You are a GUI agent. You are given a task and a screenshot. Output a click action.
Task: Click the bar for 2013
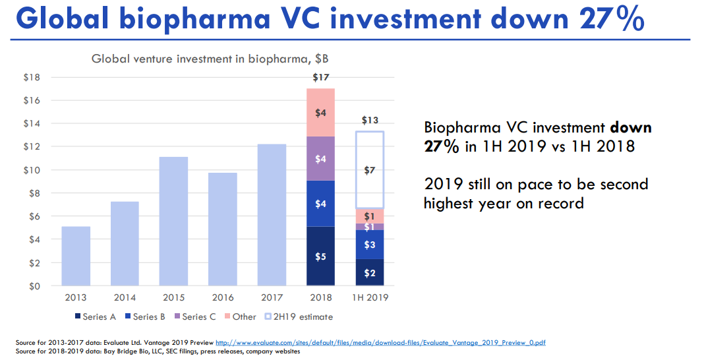pos(76,256)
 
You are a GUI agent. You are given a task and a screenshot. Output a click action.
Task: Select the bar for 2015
pos(174,221)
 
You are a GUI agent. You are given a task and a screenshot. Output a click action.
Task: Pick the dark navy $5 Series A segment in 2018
pos(320,256)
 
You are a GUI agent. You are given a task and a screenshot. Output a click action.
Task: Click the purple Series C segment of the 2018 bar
pos(320,158)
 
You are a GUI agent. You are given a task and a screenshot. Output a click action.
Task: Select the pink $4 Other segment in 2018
pos(320,113)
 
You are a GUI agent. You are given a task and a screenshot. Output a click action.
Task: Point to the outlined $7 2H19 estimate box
pos(369,170)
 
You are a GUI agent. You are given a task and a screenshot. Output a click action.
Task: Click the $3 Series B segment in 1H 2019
pos(369,245)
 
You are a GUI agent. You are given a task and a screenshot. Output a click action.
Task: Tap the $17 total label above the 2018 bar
pos(320,78)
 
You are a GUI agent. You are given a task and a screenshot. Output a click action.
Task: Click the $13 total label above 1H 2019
pos(369,121)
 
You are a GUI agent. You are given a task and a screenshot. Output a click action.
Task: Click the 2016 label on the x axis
pos(223,297)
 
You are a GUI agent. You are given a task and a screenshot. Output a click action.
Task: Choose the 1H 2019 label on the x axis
pos(369,297)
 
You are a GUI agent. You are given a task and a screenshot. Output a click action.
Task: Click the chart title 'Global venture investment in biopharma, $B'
pos(210,59)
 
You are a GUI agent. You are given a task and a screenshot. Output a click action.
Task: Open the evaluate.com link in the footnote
pos(380,343)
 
